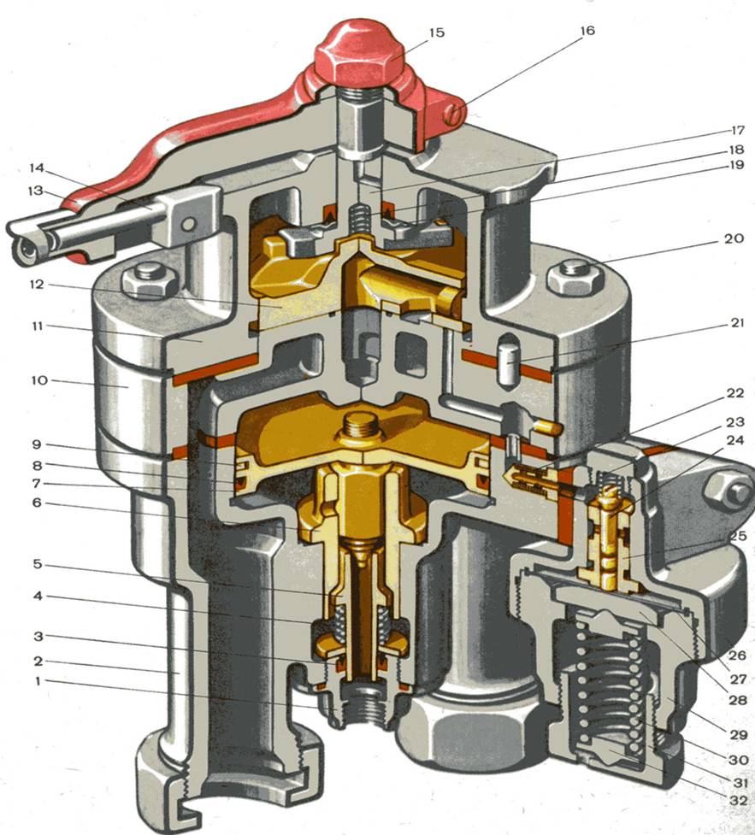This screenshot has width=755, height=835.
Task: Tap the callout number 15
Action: click(x=436, y=32)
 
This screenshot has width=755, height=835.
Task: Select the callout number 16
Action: click(x=587, y=31)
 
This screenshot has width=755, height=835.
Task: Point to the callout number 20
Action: click(x=734, y=238)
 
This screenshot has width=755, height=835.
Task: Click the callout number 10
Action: click(x=39, y=380)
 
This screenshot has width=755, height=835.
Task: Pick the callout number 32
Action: click(x=738, y=800)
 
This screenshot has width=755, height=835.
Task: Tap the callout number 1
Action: click(x=38, y=681)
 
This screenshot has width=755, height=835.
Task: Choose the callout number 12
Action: click(x=37, y=285)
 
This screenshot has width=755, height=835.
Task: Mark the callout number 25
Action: click(x=738, y=536)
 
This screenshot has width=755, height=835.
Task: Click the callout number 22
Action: click(x=734, y=393)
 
